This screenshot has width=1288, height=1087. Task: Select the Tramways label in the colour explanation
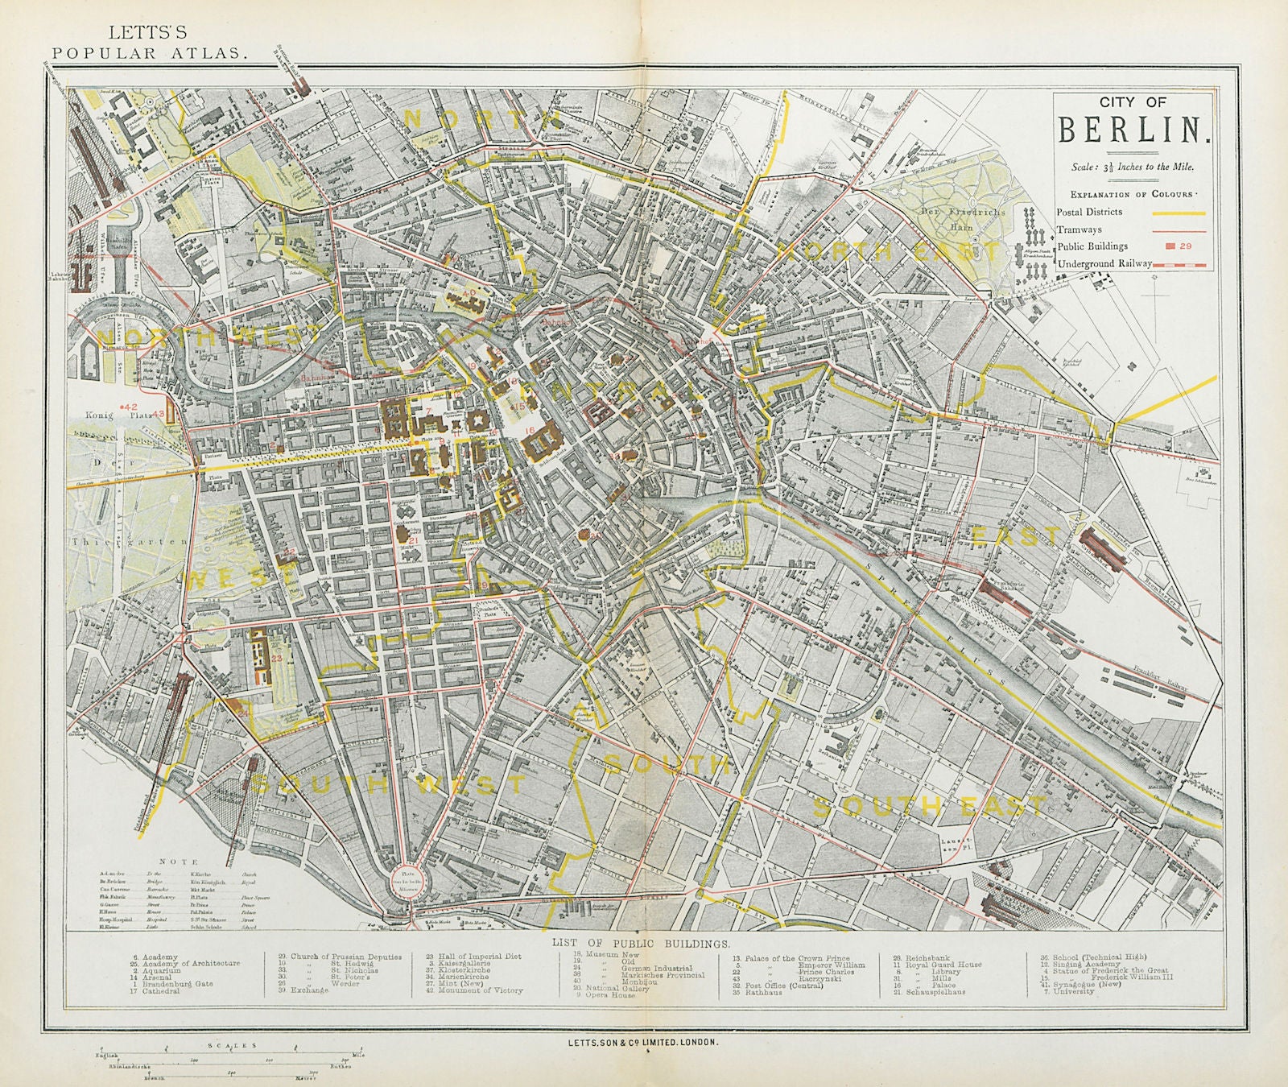(x=1080, y=229)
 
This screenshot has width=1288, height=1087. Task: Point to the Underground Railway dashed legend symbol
(x=1181, y=263)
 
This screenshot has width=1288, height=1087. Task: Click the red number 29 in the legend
(x=1186, y=246)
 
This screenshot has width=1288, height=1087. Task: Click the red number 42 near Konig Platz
(x=131, y=407)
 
